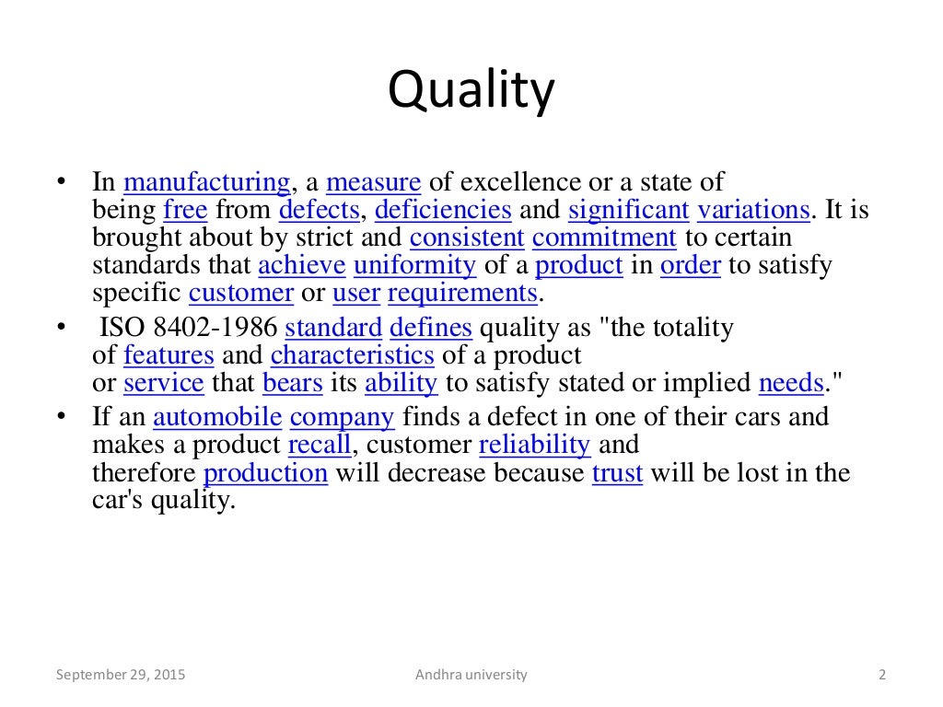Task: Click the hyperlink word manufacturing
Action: click(206, 182)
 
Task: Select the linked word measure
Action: click(373, 182)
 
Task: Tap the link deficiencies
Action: click(443, 210)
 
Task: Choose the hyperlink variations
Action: click(753, 210)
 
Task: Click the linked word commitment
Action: click(604, 238)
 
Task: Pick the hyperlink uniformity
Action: click(414, 265)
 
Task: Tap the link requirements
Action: click(462, 293)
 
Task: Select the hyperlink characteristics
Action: click(352, 354)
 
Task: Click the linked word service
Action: click(163, 382)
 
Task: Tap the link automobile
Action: click(217, 416)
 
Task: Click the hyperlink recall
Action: click(320, 444)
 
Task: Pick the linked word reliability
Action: click(534, 444)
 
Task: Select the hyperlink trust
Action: click(617, 473)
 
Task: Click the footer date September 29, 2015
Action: click(121, 675)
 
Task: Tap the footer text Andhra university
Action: click(471, 675)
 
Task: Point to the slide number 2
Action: click(882, 675)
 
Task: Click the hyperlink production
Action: click(265, 473)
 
